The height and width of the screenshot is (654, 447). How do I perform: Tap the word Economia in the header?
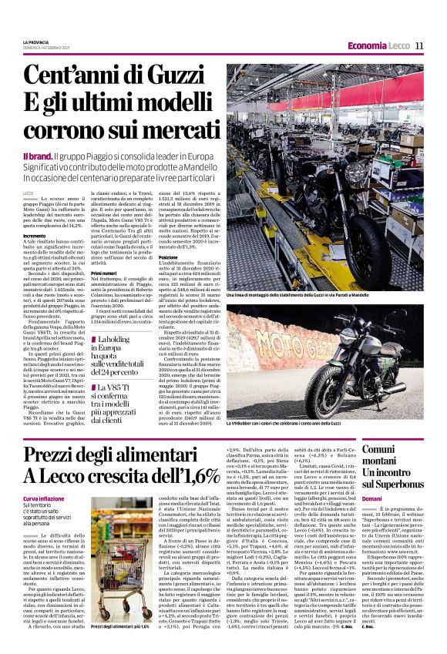tap(367, 47)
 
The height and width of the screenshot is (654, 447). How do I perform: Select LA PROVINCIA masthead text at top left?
tap(38, 42)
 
